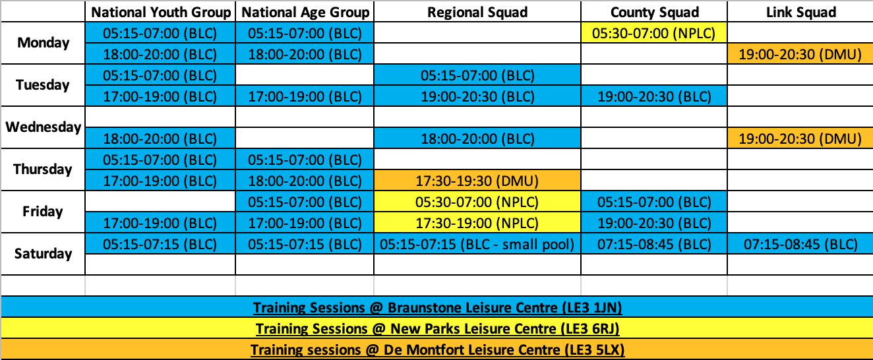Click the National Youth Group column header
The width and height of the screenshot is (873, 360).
(161, 12)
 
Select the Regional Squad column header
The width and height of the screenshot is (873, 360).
(477, 12)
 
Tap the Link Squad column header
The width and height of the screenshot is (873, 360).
(801, 12)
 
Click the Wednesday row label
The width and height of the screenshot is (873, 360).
(44, 127)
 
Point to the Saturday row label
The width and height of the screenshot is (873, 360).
(44, 254)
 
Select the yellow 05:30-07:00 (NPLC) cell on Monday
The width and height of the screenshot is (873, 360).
(654, 33)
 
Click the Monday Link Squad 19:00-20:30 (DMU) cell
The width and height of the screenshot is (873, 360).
(800, 54)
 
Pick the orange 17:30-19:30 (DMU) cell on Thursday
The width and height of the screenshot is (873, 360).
(477, 181)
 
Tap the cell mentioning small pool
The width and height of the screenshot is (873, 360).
(477, 244)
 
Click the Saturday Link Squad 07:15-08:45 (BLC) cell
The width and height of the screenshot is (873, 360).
(800, 244)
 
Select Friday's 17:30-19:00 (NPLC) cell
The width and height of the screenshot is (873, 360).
(477, 223)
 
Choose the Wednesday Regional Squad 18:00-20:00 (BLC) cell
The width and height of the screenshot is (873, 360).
(477, 138)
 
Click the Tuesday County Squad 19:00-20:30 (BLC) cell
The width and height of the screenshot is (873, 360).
(654, 96)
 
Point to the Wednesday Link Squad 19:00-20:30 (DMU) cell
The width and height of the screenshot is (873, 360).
(800, 138)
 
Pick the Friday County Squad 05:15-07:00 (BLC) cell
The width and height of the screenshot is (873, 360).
(654, 202)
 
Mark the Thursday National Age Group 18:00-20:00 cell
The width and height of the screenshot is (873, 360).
(305, 181)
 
